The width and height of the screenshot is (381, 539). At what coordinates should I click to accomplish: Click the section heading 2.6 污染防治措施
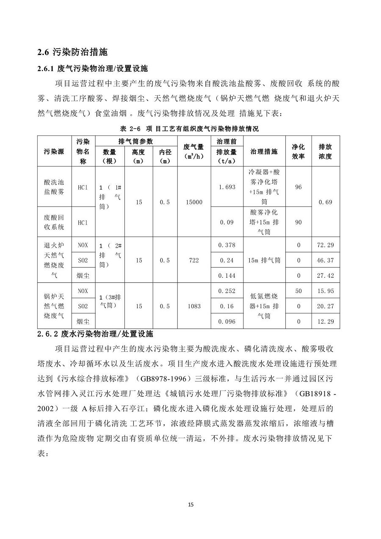tap(72, 53)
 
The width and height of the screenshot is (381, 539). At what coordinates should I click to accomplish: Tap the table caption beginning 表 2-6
tap(190, 128)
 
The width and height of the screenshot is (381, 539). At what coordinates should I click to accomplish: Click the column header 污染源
tap(54, 151)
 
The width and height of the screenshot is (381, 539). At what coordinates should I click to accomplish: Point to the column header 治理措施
tap(264, 151)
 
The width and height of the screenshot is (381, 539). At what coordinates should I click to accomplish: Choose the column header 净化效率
tap(298, 151)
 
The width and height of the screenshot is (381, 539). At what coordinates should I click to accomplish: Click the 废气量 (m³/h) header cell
tap(194, 151)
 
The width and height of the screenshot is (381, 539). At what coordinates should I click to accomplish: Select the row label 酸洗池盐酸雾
tap(54, 187)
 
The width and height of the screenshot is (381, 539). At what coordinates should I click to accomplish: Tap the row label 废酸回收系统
tap(54, 222)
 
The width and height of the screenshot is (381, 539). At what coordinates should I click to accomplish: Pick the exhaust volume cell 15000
tap(194, 202)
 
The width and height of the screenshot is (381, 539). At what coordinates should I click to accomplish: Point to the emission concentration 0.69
tap(325, 202)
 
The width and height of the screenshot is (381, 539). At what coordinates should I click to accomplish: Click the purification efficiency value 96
tap(298, 187)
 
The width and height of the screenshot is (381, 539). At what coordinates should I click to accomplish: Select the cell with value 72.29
tap(325, 245)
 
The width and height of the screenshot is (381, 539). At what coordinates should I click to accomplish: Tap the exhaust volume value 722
tap(194, 260)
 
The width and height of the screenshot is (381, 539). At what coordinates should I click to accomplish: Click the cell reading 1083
tap(194, 306)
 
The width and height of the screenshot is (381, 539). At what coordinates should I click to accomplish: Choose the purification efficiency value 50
tap(298, 291)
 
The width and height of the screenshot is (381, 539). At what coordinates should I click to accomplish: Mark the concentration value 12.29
tap(325, 321)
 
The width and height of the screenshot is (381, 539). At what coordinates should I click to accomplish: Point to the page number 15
tap(190, 505)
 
